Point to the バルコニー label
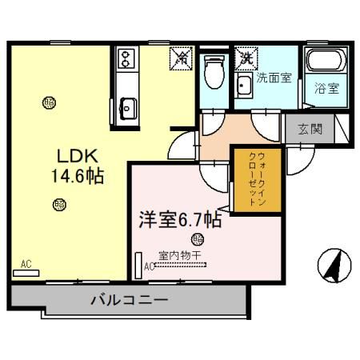128,301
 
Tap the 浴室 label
326,88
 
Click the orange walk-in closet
250,180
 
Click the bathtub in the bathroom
324,62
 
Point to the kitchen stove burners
126,59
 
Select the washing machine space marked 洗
246,58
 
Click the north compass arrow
334,264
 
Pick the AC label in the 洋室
148,266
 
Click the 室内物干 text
181,255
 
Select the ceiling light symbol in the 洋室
198,238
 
